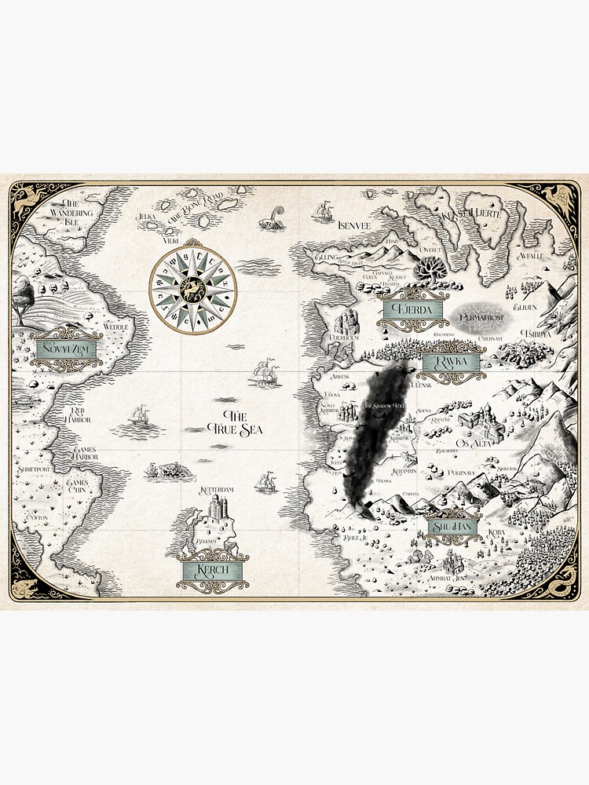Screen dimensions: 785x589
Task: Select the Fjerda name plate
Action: [412, 309]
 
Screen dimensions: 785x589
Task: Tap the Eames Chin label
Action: [81, 485]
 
